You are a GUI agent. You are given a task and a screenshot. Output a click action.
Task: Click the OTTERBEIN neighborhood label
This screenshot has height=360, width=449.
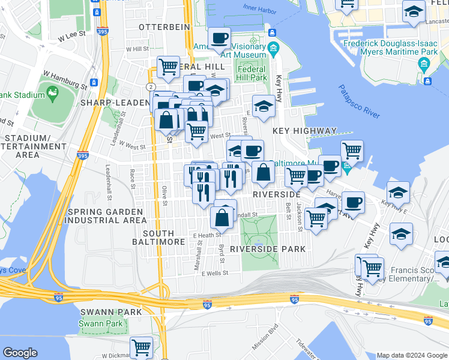164,27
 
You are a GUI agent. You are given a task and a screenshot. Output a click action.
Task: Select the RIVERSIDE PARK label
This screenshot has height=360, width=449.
268,248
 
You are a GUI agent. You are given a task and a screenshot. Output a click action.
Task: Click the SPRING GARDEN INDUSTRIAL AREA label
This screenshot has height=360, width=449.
105,216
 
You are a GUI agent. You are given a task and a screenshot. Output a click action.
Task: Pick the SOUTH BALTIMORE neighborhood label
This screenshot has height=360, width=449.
158,237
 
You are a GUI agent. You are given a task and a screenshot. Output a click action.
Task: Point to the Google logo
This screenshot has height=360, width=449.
20,353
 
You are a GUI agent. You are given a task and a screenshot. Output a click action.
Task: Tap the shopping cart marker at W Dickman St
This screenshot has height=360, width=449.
142,347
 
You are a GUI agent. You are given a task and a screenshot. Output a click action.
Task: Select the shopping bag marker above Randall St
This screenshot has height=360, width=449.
222,217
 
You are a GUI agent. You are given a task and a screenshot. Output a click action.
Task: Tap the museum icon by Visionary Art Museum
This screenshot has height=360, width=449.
274,48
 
